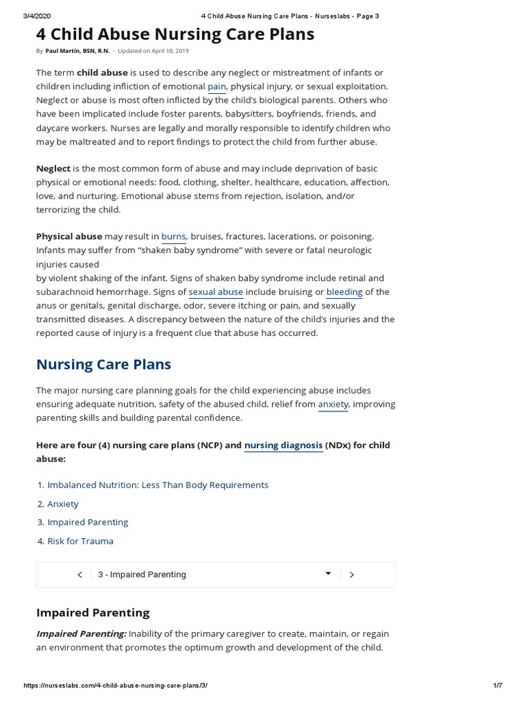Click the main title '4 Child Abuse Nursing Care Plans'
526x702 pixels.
175,34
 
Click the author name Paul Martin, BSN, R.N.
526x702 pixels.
77,51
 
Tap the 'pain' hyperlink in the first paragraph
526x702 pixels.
216,86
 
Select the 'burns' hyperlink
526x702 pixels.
173,237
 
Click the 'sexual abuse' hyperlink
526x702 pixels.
216,292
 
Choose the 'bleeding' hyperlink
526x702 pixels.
344,292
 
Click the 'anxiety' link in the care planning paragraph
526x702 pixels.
333,404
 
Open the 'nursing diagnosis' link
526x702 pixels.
284,446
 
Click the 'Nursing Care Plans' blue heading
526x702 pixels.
103,364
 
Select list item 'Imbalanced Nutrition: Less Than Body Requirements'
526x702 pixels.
158,485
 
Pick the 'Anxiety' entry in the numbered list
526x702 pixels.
63,504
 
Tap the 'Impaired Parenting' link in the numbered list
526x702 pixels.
88,522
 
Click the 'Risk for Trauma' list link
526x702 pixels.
80,541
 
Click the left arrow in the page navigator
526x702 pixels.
80,574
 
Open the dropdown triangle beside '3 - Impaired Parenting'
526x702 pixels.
328,574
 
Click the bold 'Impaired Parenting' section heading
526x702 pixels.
92,612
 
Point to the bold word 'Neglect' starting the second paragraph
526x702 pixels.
53,169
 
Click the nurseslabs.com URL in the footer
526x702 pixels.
115,686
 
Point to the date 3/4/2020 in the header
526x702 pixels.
37,16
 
